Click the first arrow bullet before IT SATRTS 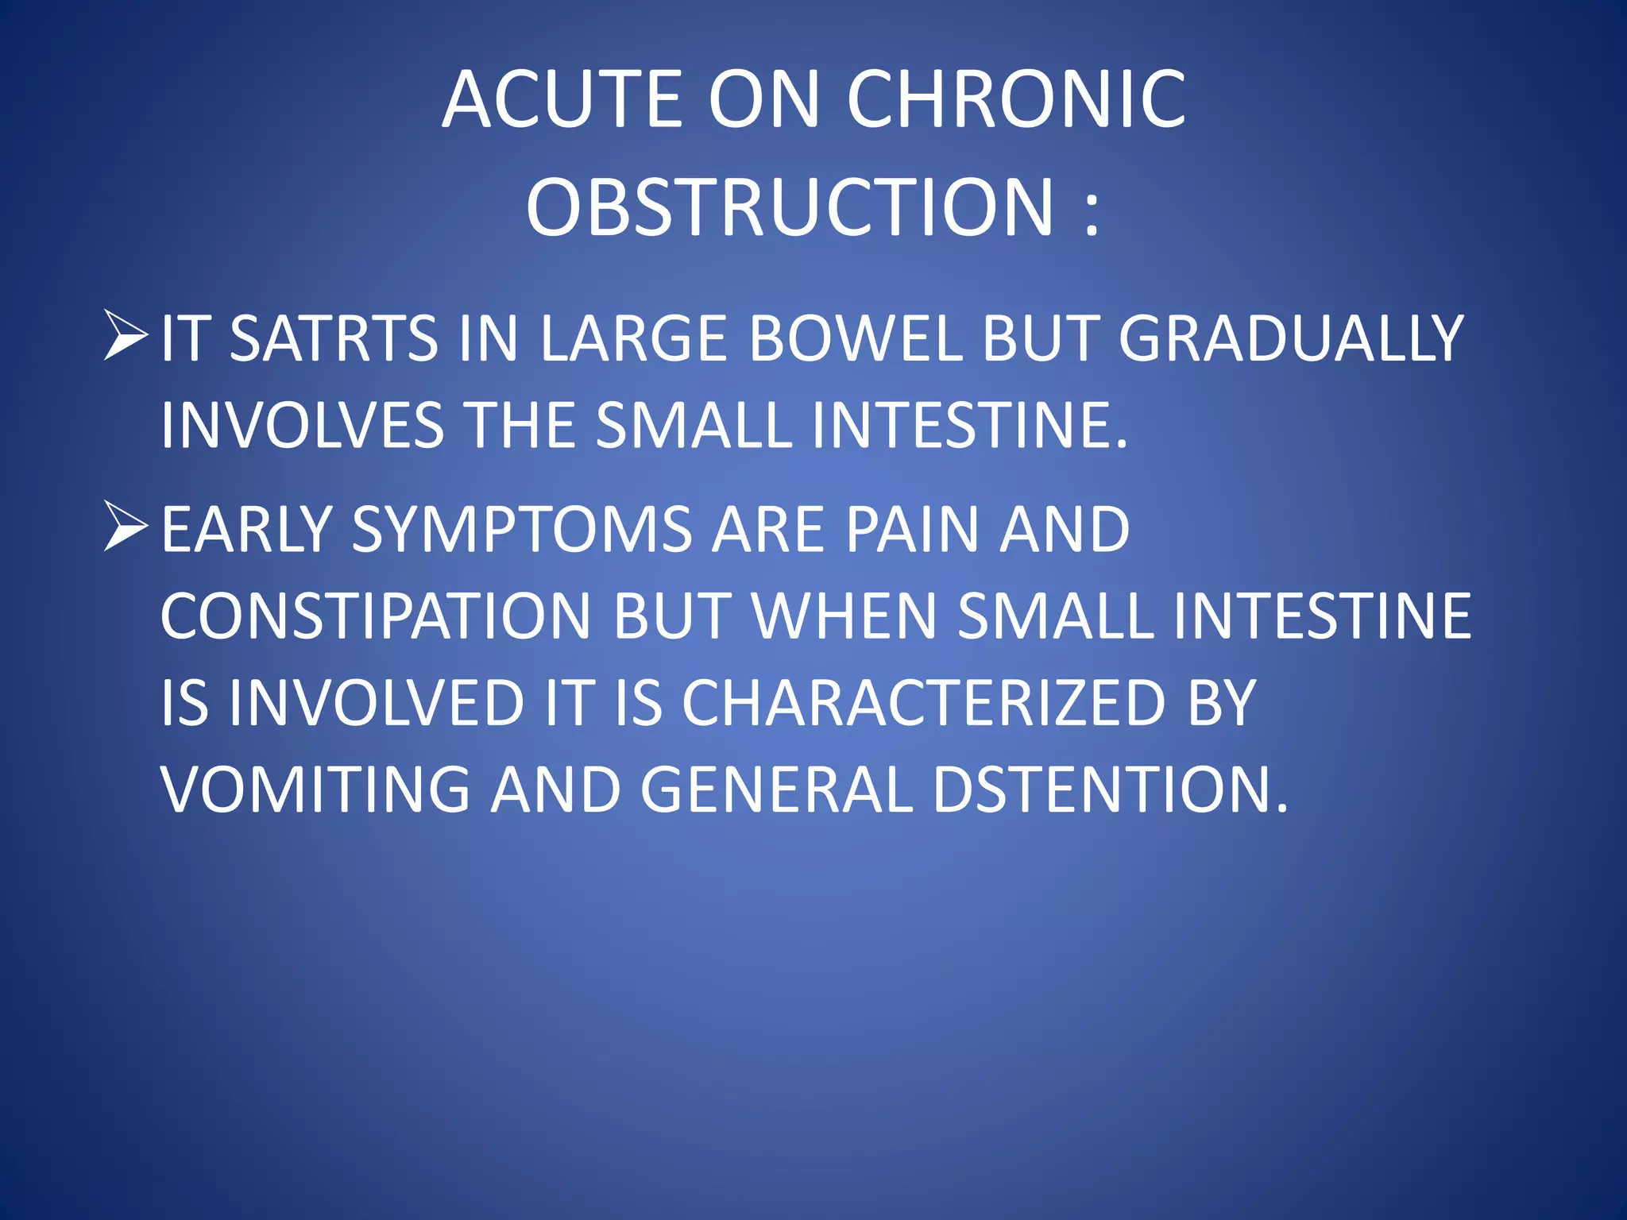coord(126,336)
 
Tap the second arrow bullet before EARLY coord(126,527)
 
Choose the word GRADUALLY coord(1290,338)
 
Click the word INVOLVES coord(302,425)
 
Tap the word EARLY coord(247,530)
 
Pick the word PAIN coord(911,530)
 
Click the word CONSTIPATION coord(376,616)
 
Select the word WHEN coord(844,616)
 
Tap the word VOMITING coord(315,790)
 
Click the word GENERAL coord(776,790)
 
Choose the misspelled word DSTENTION coord(1108,790)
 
